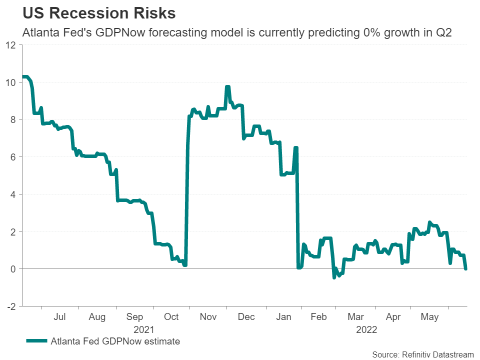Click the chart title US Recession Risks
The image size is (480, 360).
pyautogui.click(x=99, y=13)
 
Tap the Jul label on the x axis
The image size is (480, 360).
pyautogui.click(x=59, y=317)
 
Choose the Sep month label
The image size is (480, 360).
pyautogui.click(x=134, y=317)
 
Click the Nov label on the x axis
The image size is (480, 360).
pyautogui.click(x=208, y=317)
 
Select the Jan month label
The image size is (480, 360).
pyautogui.click(x=284, y=317)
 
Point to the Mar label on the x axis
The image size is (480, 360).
pyautogui.click(x=356, y=317)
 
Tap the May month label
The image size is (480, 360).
pyautogui.click(x=430, y=317)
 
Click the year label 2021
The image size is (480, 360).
pyautogui.click(x=143, y=329)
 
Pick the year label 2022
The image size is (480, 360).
pyautogui.click(x=366, y=329)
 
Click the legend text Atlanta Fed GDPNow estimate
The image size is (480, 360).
pyautogui.click(x=115, y=341)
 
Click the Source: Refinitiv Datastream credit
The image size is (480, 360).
pyautogui.click(x=422, y=354)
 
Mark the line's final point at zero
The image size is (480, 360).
pyautogui.click(x=466, y=269)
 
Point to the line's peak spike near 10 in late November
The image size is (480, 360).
pyautogui.click(x=227, y=87)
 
